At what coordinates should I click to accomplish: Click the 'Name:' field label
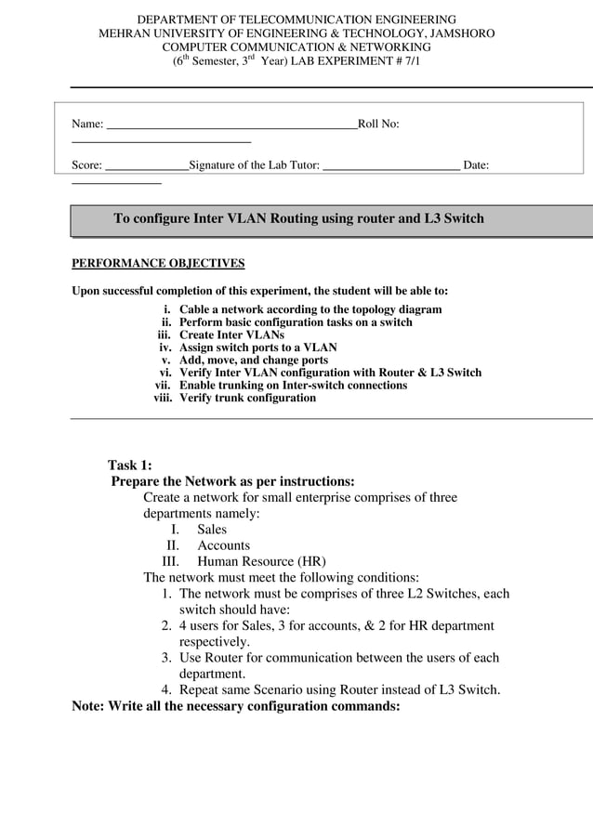(x=87, y=124)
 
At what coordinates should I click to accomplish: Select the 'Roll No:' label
(x=378, y=124)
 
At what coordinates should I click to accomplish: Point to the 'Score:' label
(x=87, y=165)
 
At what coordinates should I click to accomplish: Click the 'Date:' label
(x=476, y=165)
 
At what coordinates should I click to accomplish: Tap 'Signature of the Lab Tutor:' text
(x=254, y=165)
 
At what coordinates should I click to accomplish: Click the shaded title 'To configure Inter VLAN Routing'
(x=298, y=219)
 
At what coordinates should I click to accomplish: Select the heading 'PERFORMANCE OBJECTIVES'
(x=158, y=263)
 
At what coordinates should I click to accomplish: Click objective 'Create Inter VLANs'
(x=231, y=334)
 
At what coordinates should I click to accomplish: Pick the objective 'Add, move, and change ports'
(x=253, y=360)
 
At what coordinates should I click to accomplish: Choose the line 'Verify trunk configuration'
(x=247, y=398)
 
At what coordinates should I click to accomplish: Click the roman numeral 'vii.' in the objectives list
(x=164, y=385)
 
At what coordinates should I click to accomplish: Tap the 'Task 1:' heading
(x=129, y=465)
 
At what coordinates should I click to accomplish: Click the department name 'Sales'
(x=212, y=529)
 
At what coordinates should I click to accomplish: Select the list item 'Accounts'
(x=223, y=545)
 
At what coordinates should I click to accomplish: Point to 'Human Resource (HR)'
(x=261, y=561)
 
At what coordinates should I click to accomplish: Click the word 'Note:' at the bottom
(x=89, y=705)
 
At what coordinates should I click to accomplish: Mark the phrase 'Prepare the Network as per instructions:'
(x=232, y=481)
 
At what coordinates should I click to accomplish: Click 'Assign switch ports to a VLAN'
(x=257, y=347)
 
